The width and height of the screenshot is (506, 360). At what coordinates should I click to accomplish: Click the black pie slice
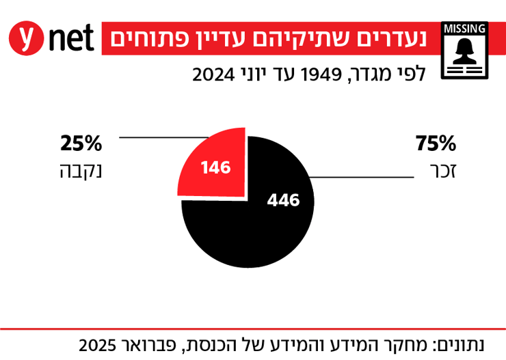[260, 225]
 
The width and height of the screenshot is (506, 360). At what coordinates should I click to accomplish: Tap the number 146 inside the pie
[215, 167]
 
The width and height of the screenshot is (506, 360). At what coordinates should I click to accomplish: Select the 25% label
[81, 143]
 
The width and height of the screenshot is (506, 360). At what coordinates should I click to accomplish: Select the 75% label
[436, 143]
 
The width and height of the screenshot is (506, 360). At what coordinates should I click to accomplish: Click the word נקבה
[80, 170]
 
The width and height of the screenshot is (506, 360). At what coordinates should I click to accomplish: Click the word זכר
[444, 170]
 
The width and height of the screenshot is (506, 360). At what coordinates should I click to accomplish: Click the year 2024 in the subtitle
[214, 74]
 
